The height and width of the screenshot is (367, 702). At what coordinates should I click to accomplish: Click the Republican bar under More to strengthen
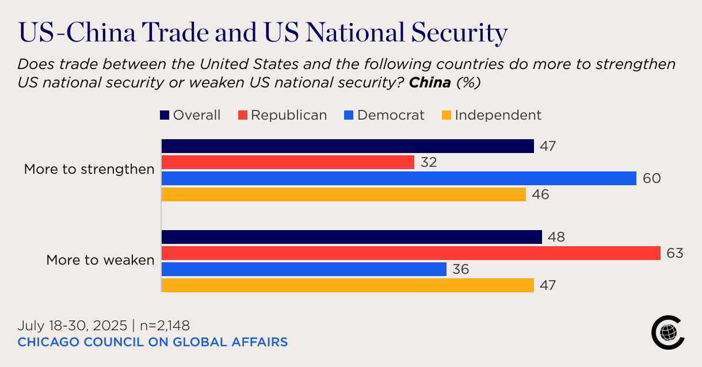click(288, 162)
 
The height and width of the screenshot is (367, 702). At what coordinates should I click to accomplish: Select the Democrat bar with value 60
click(399, 178)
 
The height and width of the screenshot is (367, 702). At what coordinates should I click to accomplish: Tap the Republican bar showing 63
click(411, 253)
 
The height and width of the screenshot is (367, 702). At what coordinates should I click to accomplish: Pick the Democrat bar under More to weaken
click(304, 269)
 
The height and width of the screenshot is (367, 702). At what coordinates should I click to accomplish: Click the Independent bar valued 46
click(344, 194)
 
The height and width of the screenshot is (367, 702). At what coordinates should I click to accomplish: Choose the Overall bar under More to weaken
click(352, 237)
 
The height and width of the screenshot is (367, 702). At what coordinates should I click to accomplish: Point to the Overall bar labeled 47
click(348, 146)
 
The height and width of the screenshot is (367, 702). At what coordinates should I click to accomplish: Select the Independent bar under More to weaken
click(348, 285)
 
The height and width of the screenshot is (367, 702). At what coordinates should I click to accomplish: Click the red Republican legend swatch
click(242, 116)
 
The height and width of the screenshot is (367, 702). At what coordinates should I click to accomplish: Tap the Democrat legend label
click(391, 115)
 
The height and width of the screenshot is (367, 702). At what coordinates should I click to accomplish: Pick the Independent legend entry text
click(498, 115)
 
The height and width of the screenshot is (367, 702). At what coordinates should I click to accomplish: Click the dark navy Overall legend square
click(165, 116)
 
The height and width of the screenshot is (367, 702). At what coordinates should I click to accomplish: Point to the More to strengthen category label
click(89, 170)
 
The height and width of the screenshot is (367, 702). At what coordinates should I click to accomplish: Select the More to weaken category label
click(100, 260)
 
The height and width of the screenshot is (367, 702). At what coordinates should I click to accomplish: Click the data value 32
click(428, 162)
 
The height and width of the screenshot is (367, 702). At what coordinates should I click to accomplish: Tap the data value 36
click(460, 269)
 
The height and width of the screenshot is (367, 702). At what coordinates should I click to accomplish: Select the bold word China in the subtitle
click(430, 83)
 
